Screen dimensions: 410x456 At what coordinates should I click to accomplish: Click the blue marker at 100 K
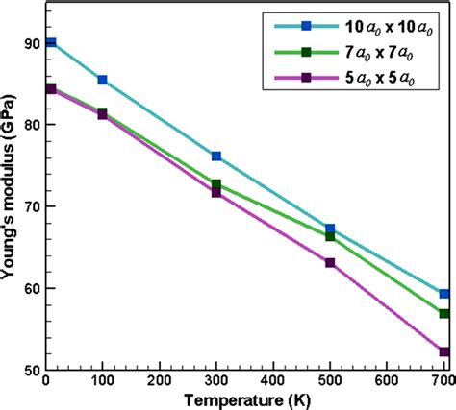click(x=103, y=80)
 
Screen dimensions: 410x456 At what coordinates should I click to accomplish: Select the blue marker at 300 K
click(x=216, y=156)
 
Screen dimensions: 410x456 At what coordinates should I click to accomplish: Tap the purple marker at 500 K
click(x=330, y=262)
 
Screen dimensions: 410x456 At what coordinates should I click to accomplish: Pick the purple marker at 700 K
click(x=443, y=352)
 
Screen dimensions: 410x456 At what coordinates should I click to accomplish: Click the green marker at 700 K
click(x=443, y=314)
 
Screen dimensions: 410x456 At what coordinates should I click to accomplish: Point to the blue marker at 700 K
click(x=443, y=294)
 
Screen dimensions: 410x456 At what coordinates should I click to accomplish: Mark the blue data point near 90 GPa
click(x=51, y=43)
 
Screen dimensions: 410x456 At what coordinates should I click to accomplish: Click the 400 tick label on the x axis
click(x=272, y=381)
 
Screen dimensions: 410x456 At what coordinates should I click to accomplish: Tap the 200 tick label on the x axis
click(x=160, y=381)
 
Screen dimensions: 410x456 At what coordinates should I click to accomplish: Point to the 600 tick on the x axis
click(x=387, y=381)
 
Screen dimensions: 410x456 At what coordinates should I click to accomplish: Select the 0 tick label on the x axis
click(x=46, y=381)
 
